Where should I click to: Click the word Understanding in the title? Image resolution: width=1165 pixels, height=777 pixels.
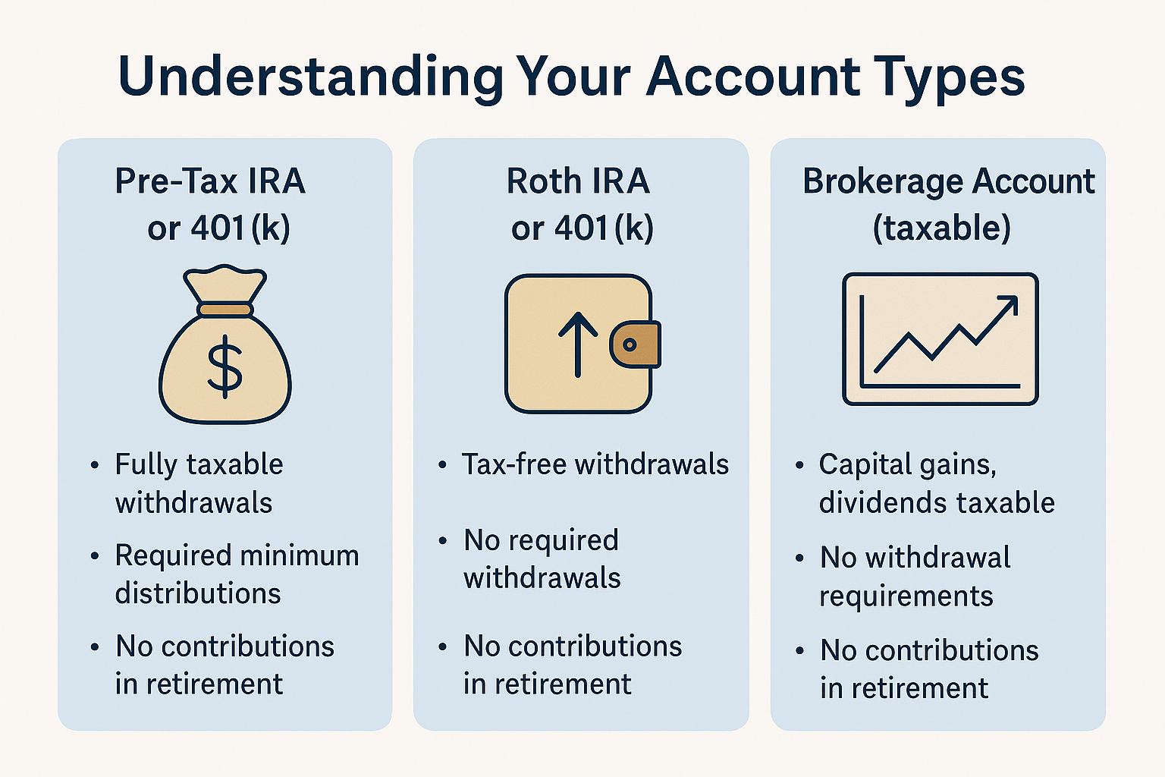coord(310,77)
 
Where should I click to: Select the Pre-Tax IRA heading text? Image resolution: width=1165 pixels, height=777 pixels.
coord(210,181)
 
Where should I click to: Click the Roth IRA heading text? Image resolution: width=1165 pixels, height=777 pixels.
coord(578,181)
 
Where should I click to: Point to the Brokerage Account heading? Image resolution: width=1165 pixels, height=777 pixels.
coord(949,181)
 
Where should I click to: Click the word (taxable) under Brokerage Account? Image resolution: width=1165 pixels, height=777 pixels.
coord(941,228)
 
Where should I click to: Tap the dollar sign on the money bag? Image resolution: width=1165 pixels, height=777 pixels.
coord(225,366)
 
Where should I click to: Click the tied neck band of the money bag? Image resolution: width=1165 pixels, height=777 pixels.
coord(225,310)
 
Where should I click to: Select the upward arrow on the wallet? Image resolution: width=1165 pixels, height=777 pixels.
coord(578,344)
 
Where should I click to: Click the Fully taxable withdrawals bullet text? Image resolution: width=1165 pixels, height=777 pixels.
coord(199,483)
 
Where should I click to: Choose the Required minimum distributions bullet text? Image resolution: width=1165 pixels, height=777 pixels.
coord(237,574)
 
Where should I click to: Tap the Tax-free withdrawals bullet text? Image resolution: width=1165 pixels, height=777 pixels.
coord(595,464)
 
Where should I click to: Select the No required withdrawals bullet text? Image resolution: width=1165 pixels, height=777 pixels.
coord(542,559)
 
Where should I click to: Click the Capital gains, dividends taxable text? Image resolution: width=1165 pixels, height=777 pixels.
coord(937,483)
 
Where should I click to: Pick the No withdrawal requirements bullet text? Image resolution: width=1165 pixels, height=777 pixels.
coord(915,577)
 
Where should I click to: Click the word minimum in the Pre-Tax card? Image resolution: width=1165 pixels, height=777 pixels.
coord(300,555)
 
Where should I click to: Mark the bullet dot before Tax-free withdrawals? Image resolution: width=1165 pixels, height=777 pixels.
coord(442,464)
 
